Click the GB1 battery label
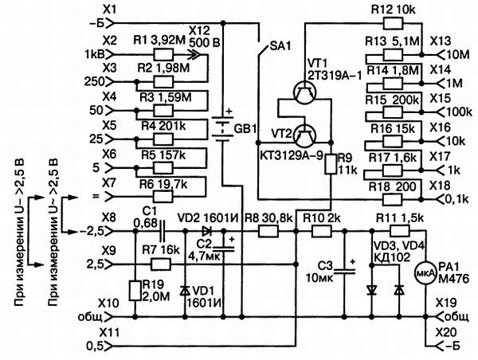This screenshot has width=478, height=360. [244, 129]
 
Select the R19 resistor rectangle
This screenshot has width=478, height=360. [134, 292]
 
